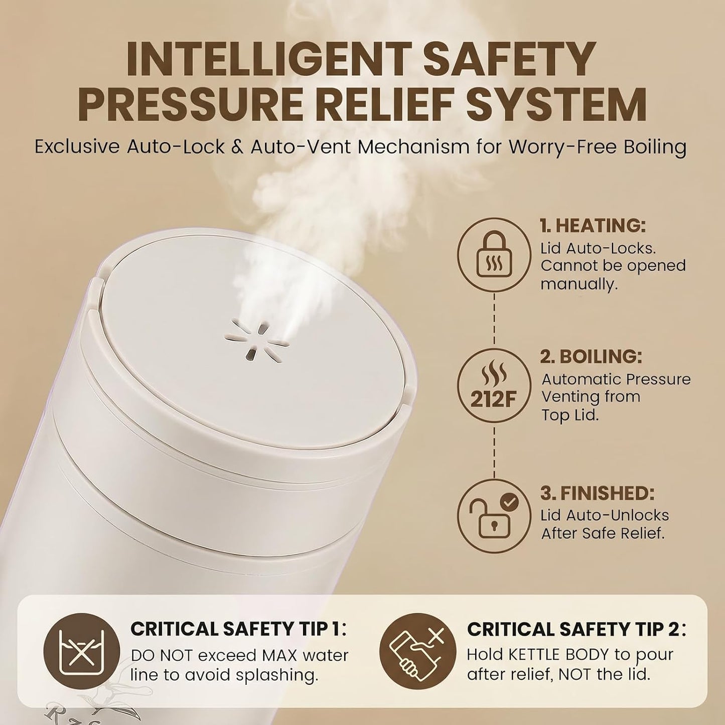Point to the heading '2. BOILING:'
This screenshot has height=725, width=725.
coord(591,357)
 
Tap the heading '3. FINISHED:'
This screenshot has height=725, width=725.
coord(597,493)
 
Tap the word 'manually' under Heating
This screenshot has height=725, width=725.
coord(579,284)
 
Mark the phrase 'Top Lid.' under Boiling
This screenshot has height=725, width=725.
coord(570,415)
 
